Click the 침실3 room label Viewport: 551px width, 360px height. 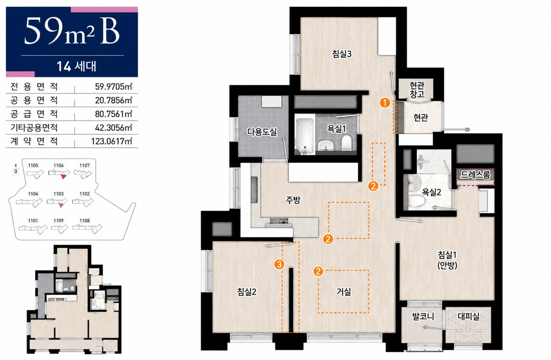point(342,54)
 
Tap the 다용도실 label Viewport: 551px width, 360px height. point(262,132)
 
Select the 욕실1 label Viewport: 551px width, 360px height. point(336,128)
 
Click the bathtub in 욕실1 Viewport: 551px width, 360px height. point(305,134)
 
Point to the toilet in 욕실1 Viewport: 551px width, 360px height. point(347,142)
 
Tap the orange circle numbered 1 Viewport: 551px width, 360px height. point(385,103)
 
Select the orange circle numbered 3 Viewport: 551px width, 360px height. point(279,264)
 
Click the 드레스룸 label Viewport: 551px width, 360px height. point(475,175)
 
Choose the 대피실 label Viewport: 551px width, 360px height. point(468,317)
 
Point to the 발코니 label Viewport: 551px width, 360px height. point(423,317)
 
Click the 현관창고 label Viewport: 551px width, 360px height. point(417,90)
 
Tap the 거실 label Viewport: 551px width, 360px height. point(344,292)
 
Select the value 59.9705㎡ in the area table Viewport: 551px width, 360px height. point(114,86)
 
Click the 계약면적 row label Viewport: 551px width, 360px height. point(34,141)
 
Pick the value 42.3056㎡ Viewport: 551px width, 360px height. point(114,128)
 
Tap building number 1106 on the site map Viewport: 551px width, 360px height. point(59,166)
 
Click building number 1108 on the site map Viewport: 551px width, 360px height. point(85,221)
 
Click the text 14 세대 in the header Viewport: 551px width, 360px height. point(76,66)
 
